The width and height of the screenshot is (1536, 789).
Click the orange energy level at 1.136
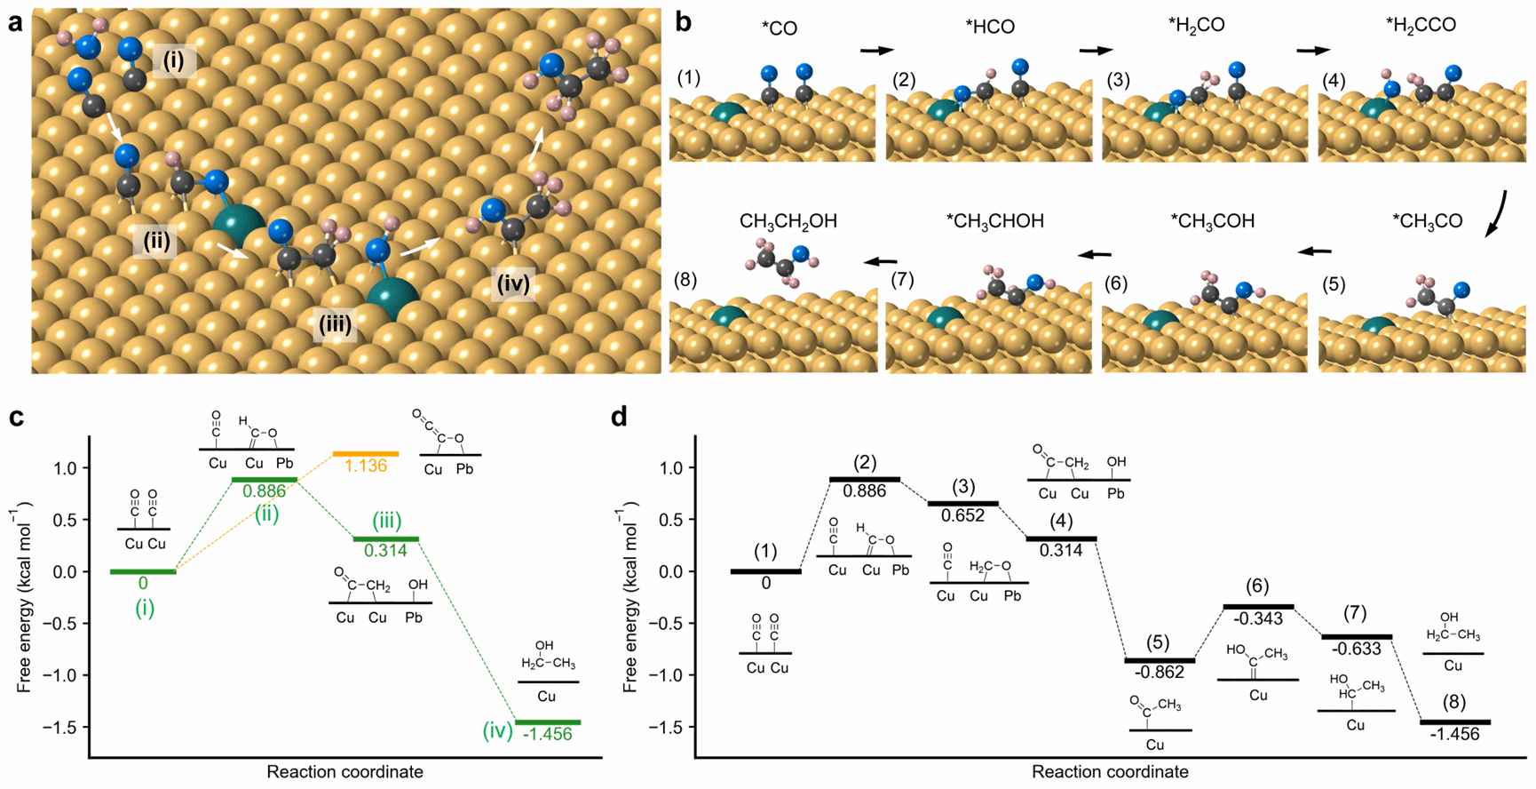(365, 454)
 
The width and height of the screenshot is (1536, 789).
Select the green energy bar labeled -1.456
(548, 722)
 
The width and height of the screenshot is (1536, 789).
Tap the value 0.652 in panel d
(962, 515)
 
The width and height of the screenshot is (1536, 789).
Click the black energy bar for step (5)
(1159, 660)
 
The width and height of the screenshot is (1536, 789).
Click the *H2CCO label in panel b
(1421, 26)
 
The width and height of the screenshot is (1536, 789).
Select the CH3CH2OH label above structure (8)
(788, 221)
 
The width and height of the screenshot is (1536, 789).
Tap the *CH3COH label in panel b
(1212, 221)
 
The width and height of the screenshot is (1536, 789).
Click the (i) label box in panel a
(173, 60)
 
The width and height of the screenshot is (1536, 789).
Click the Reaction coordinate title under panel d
(1110, 772)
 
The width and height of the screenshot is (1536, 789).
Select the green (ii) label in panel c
(267, 514)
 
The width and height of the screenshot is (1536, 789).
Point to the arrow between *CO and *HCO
(877, 51)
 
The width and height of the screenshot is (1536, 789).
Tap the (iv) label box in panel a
(513, 284)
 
